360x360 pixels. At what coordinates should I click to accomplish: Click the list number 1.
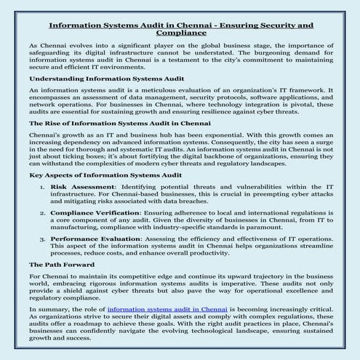pyautogui.click(x=42, y=188)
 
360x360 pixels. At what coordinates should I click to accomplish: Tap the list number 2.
pyautogui.click(x=42, y=212)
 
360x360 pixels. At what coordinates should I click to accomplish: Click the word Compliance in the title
pyautogui.click(x=180, y=33)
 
